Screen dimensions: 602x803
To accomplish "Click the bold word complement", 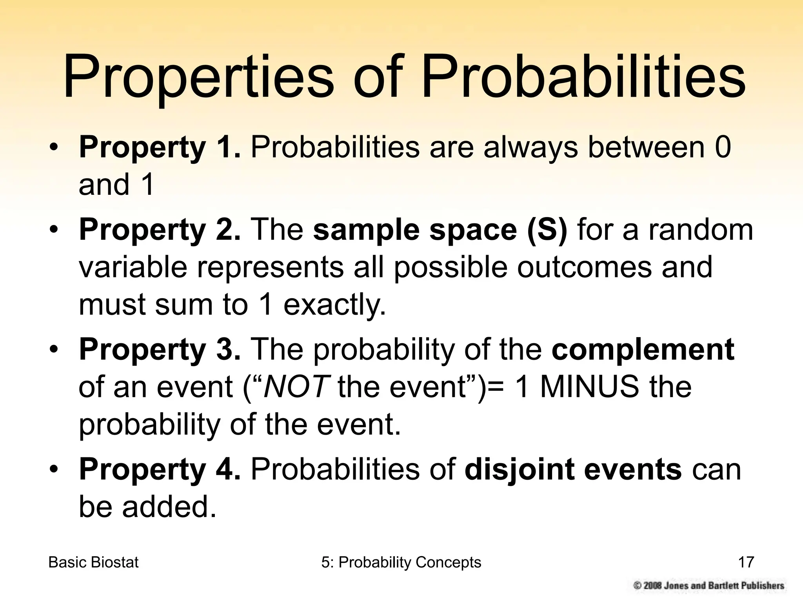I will click(643, 350).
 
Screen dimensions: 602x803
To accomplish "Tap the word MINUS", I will click(589, 387).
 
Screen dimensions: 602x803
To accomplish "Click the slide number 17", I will click(746, 562).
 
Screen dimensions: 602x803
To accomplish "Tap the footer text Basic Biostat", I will click(93, 562).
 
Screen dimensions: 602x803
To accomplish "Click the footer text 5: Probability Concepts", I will click(401, 562).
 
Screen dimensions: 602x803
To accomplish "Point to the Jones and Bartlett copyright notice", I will click(709, 586).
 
